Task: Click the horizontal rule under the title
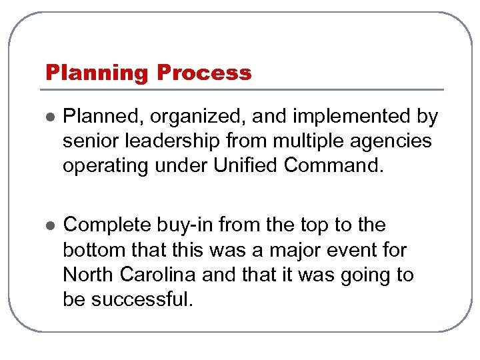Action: point(243,90)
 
